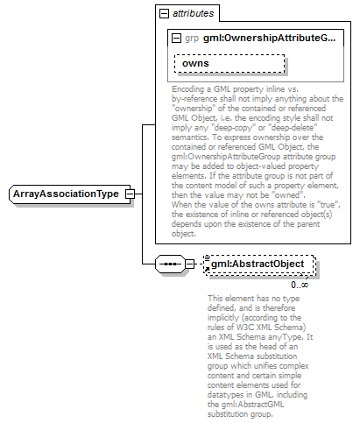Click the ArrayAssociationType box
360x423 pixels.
[x=66, y=194]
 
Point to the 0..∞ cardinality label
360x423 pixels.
[x=300, y=284]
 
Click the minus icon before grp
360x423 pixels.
[x=177, y=39]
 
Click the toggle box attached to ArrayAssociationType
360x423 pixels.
[x=129, y=194]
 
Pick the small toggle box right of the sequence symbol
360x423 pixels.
[x=189, y=264]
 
